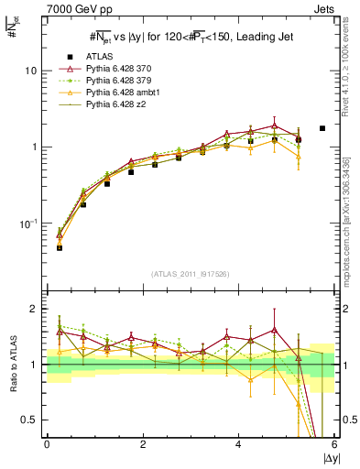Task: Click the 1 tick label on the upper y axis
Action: (34, 147)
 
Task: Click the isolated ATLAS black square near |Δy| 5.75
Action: (322, 128)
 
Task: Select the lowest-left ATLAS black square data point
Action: (60, 247)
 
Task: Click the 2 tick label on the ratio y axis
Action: (34, 309)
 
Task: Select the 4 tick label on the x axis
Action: (238, 445)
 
